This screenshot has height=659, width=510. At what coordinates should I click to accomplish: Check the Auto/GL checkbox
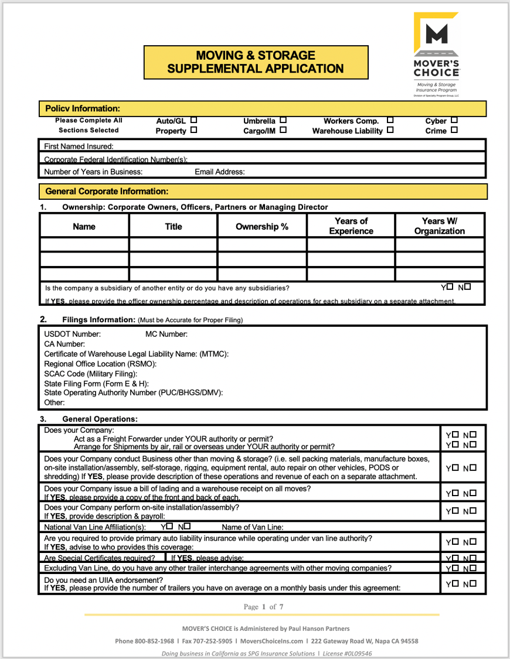(x=193, y=121)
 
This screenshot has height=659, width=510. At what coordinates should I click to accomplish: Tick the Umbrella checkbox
(x=283, y=121)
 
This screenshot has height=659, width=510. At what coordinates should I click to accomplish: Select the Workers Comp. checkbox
(x=390, y=121)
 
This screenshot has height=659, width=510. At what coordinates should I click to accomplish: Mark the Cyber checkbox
(x=454, y=121)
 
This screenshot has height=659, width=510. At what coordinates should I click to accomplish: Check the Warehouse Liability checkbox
(x=390, y=131)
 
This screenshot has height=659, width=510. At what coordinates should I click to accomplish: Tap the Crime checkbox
(x=454, y=131)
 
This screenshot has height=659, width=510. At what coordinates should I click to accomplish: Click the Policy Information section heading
(x=83, y=108)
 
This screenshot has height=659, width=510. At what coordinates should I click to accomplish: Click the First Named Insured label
(x=79, y=146)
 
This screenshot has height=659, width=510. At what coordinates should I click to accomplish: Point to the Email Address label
(x=219, y=172)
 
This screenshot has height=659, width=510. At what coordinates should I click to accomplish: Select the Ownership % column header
(x=261, y=226)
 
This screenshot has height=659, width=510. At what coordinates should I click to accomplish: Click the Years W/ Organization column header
(x=439, y=226)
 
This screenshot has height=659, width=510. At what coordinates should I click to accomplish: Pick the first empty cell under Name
(x=84, y=244)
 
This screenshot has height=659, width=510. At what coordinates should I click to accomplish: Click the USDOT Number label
(x=72, y=334)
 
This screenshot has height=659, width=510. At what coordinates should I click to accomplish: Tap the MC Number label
(x=166, y=334)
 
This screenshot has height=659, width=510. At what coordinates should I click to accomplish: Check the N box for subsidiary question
(x=467, y=287)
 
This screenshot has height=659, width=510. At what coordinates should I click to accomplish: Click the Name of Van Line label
(x=252, y=527)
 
